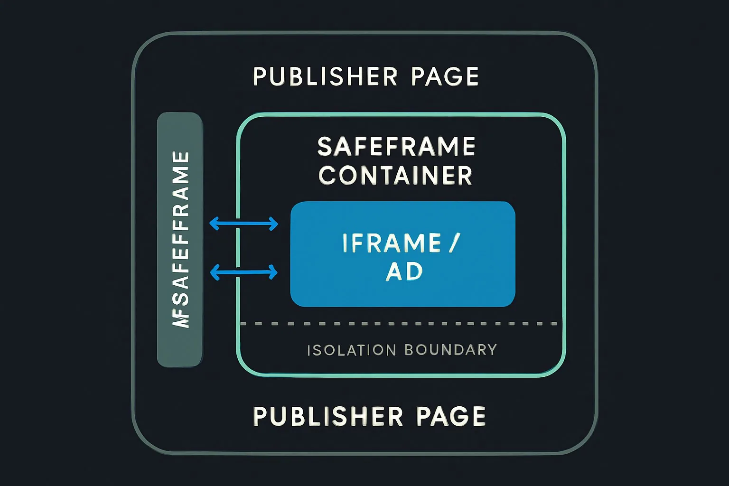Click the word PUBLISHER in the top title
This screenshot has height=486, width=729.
point(325,76)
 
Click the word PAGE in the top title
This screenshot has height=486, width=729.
point(445,76)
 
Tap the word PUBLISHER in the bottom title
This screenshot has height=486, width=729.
point(328,416)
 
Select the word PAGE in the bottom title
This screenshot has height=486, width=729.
point(450,416)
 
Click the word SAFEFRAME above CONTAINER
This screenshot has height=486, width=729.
point(396,147)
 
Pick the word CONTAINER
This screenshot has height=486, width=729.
point(395,176)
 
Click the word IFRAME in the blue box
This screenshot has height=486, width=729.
point(392,243)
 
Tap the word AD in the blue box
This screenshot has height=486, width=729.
point(404,272)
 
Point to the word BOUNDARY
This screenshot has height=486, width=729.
point(450,350)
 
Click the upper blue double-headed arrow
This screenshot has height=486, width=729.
point(243,223)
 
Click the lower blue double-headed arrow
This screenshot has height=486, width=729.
point(243,272)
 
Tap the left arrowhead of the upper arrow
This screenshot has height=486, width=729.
point(214,223)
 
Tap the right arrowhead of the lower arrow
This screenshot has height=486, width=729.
point(273,272)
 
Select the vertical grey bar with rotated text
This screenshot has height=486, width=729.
point(180,240)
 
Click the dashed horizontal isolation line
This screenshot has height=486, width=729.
point(399,324)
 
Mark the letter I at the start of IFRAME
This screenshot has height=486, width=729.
point(346,243)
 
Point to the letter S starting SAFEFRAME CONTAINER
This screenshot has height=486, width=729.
point(325,147)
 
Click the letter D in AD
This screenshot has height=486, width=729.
point(414,272)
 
